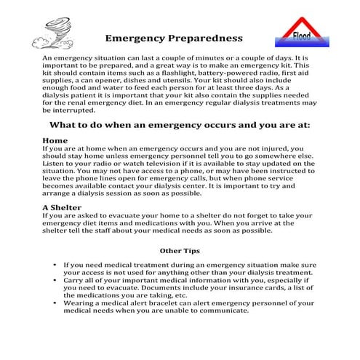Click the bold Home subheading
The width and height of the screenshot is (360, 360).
pyautogui.click(x=55, y=140)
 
